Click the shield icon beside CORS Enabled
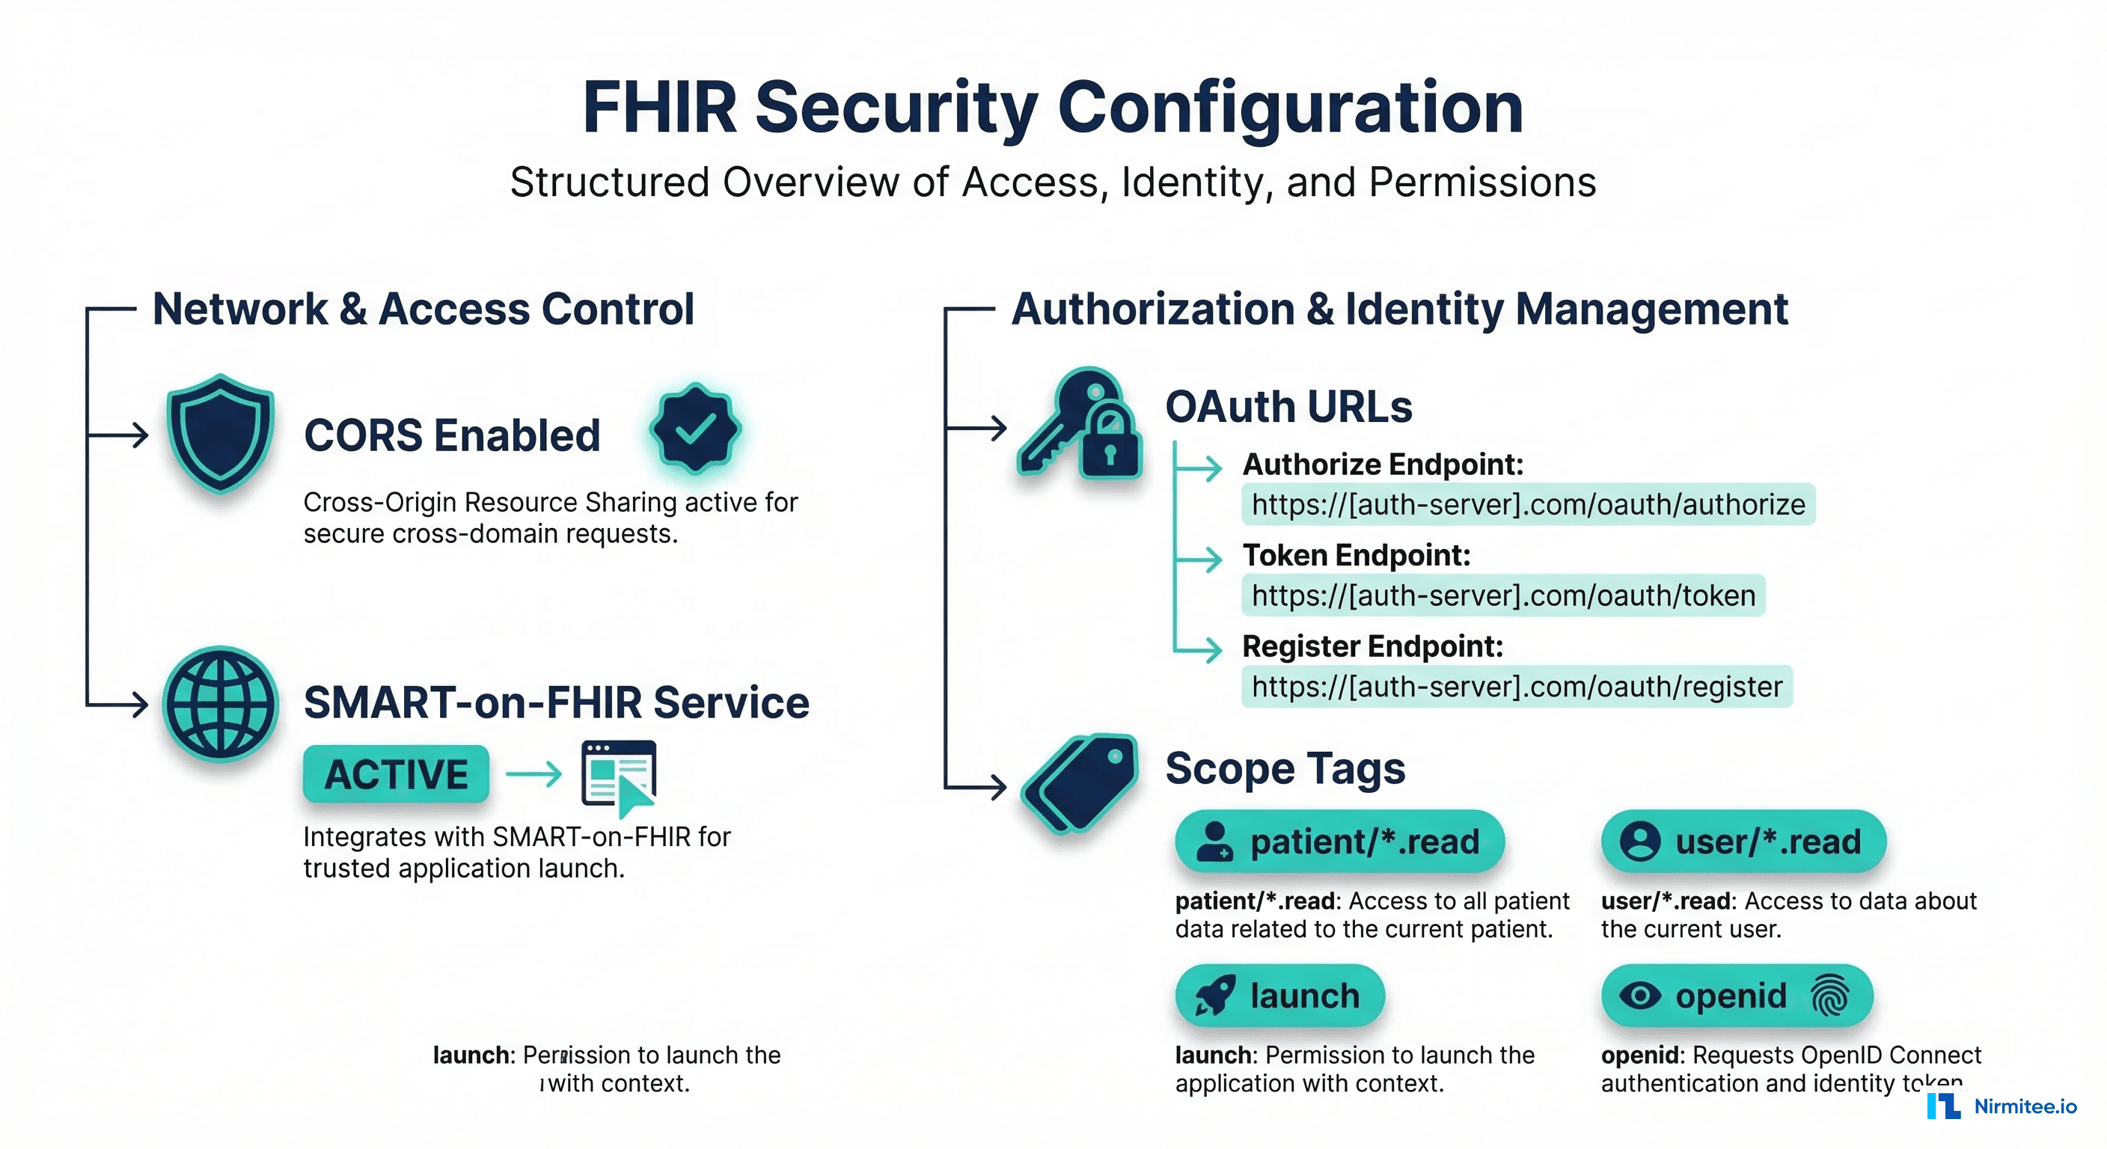220,433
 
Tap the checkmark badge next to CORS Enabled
695,428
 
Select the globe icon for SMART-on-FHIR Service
221,703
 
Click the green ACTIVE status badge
396,773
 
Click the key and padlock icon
1080,425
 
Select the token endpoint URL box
1503,595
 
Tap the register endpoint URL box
1517,686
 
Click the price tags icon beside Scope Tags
1080,783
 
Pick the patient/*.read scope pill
1340,842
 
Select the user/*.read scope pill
1743,842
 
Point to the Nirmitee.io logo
2002,1106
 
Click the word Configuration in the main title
1290,108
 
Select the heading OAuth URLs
1288,406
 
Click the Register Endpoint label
1372,646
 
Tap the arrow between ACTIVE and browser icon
534,773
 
